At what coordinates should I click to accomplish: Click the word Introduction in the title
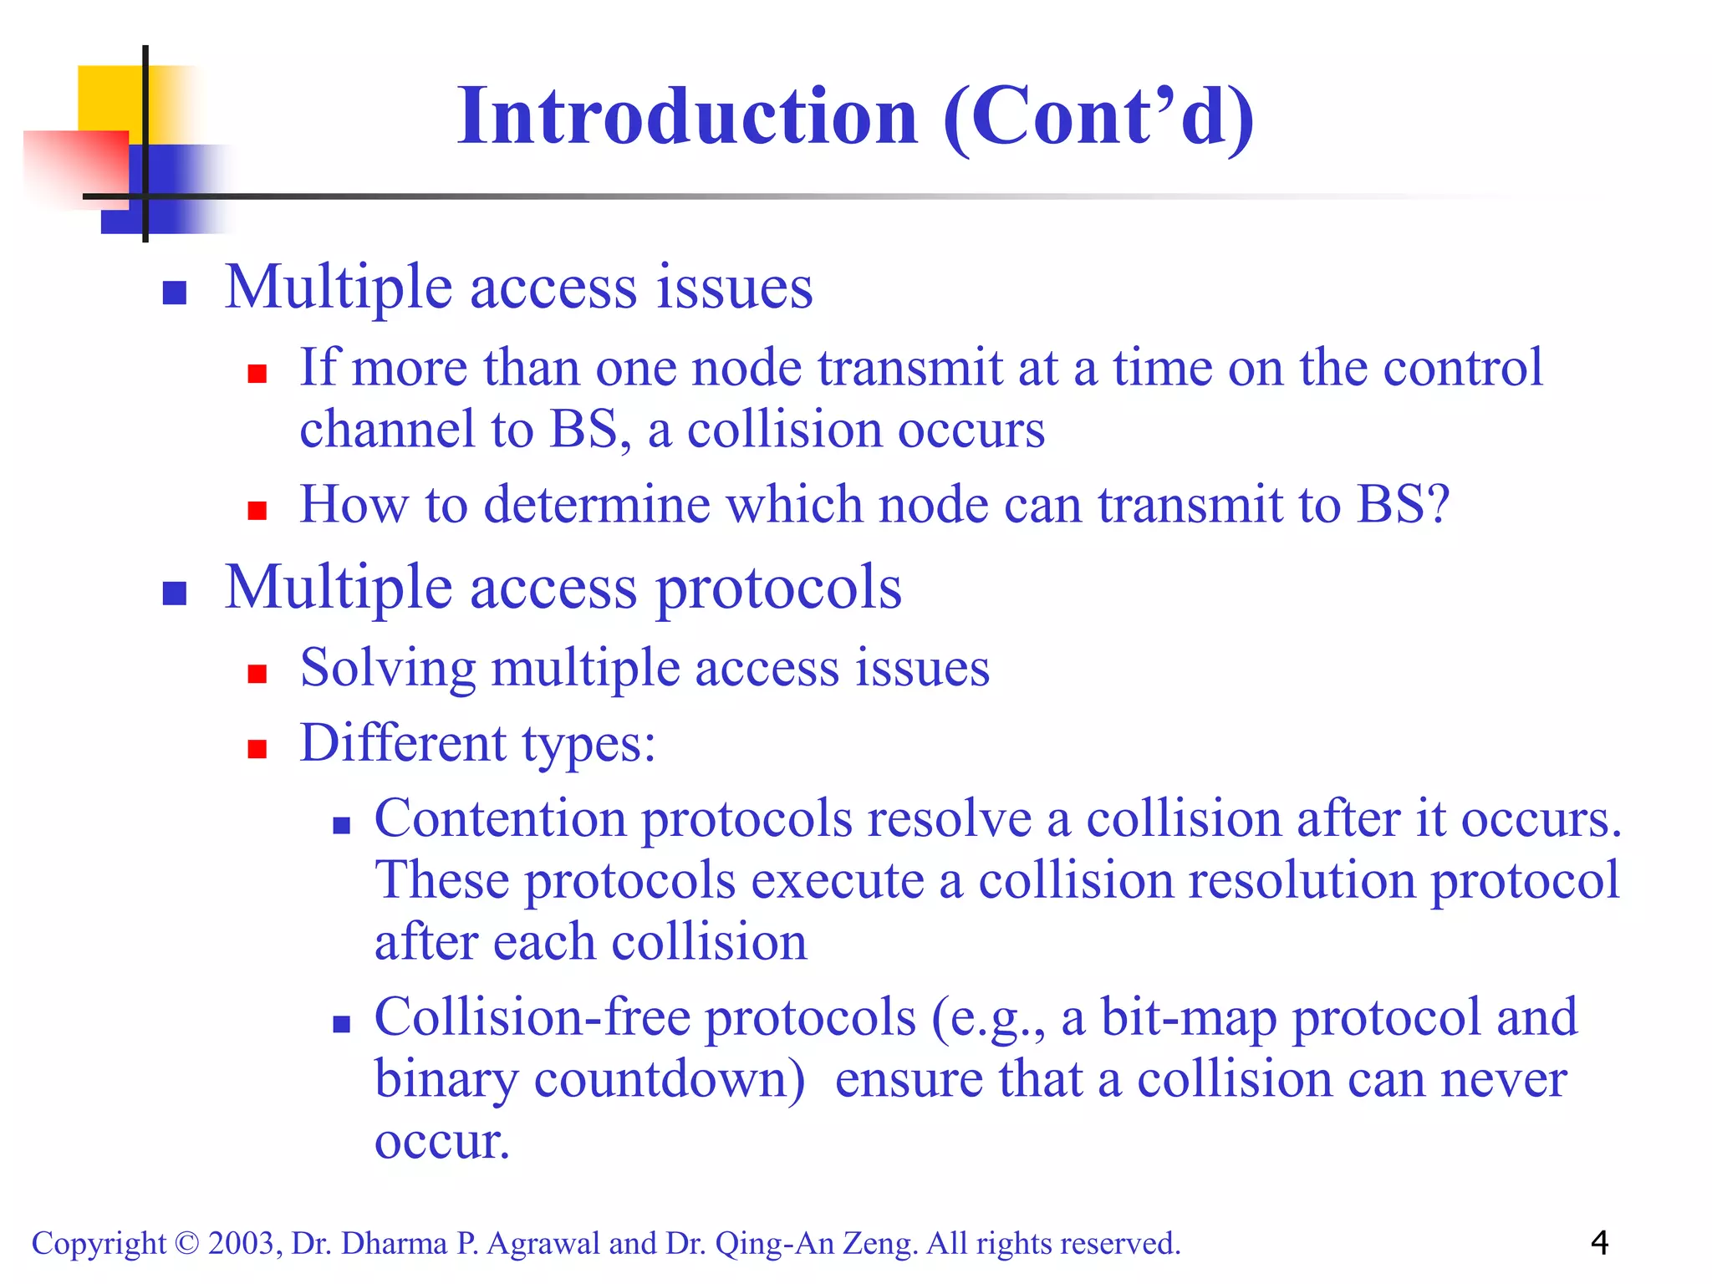687,117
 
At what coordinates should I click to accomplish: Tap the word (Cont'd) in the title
1098,119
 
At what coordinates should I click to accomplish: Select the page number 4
1599,1243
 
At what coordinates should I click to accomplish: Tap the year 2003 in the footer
241,1244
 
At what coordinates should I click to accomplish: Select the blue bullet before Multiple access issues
174,293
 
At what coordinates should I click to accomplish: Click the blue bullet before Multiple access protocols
174,593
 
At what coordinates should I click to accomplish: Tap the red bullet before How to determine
257,510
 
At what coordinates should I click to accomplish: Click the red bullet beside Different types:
257,748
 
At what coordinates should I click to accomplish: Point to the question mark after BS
1436,505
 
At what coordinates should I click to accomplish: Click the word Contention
500,818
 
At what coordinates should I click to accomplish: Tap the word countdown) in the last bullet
669,1079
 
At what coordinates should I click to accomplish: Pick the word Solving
388,669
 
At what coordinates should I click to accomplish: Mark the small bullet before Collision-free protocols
341,1024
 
